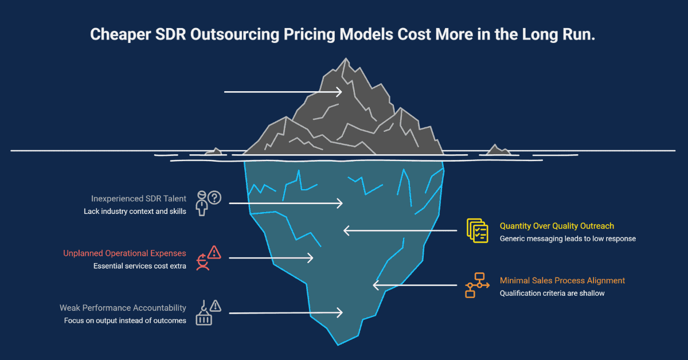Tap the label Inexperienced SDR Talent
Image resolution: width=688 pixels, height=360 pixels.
pos(138,198)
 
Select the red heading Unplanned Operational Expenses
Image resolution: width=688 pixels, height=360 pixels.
pos(124,253)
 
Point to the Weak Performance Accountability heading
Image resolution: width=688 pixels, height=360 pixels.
pos(123,308)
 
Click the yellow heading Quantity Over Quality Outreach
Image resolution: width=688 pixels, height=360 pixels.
pos(557,226)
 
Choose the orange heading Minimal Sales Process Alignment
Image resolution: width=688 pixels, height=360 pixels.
pos(562,280)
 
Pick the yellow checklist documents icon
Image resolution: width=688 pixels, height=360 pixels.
pos(477,230)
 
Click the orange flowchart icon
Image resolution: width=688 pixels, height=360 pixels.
pos(476,285)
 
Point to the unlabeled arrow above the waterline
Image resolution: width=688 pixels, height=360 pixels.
pos(283,92)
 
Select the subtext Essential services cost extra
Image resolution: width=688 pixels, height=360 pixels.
pos(139,266)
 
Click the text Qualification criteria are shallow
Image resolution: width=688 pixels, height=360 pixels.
pos(552,293)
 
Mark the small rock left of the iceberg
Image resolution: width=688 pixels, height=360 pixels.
pos(214,152)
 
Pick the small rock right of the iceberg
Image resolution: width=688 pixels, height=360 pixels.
pos(497,150)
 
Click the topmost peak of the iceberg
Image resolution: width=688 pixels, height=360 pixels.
pos(344,60)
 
